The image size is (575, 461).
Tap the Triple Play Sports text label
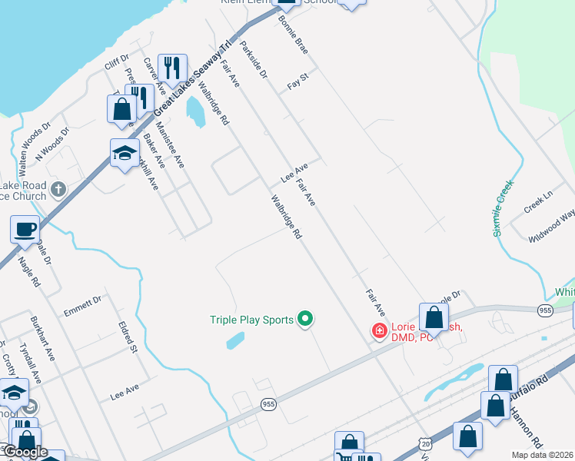click(252, 320)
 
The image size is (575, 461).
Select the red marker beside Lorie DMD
click(379, 331)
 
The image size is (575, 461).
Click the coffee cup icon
click(25, 228)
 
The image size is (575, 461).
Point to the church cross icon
click(58, 188)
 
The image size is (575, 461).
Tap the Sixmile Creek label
click(503, 207)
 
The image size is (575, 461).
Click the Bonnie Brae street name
click(293, 34)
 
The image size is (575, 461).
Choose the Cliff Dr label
click(117, 61)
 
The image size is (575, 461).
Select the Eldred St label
click(128, 337)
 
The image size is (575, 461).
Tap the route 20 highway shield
click(425, 444)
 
